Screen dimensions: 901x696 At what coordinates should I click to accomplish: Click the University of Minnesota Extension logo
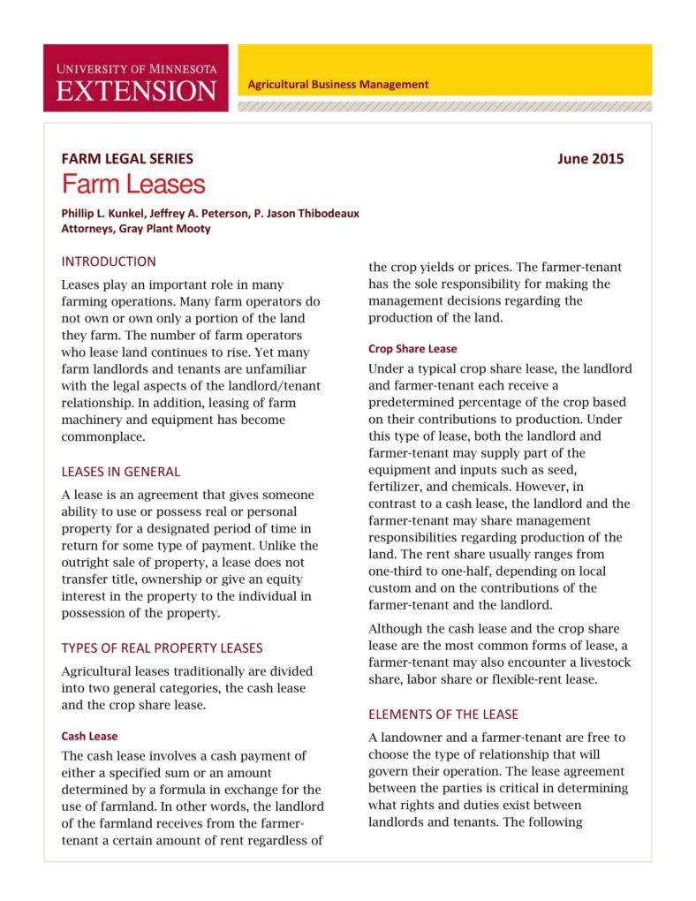coord(135,78)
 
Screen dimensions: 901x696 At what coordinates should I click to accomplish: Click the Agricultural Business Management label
coord(337,85)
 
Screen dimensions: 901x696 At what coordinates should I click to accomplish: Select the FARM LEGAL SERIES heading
coord(127,159)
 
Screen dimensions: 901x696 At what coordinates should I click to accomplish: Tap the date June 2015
coord(590,159)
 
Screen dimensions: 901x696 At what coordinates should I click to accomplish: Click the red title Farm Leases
coord(132,185)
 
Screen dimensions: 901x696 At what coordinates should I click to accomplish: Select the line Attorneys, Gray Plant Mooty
coord(135,228)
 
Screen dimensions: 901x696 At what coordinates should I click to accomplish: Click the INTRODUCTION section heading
coord(108,261)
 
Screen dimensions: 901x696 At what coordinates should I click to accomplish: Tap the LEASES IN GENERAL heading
coord(120,472)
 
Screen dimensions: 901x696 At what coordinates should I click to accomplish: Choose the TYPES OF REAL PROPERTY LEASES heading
coord(162,647)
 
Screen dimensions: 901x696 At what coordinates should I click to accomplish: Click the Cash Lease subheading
coord(89,736)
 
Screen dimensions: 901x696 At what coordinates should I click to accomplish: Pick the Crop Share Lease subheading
coord(412,349)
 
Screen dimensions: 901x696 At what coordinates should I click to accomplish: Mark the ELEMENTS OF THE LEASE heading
coord(443,714)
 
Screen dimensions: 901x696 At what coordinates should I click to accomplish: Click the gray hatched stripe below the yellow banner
coord(444,106)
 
